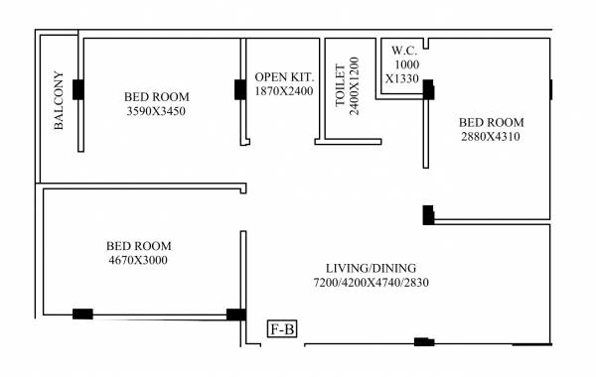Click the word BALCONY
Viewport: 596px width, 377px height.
(x=59, y=100)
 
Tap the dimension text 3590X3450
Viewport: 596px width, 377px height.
(x=156, y=111)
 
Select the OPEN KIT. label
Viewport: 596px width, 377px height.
(x=283, y=76)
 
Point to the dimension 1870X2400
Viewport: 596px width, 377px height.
(x=283, y=90)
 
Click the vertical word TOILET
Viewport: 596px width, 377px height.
(x=341, y=83)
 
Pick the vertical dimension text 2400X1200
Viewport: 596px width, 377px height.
(x=354, y=82)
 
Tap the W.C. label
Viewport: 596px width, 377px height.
(x=403, y=50)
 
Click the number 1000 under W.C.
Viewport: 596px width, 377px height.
(x=407, y=64)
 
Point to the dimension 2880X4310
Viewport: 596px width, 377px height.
(x=490, y=137)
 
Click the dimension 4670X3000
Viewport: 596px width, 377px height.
(x=139, y=261)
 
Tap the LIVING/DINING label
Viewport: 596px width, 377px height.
(x=371, y=268)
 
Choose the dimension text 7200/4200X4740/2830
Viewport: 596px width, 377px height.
(x=371, y=283)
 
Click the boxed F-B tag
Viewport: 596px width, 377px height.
(x=282, y=328)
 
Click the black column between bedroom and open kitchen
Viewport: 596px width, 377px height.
(x=239, y=89)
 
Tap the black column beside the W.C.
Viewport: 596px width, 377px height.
(x=428, y=89)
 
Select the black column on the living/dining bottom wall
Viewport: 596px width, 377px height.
(x=424, y=342)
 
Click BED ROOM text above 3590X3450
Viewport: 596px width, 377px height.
(x=156, y=96)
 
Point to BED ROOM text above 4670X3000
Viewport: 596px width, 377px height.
(x=139, y=246)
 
